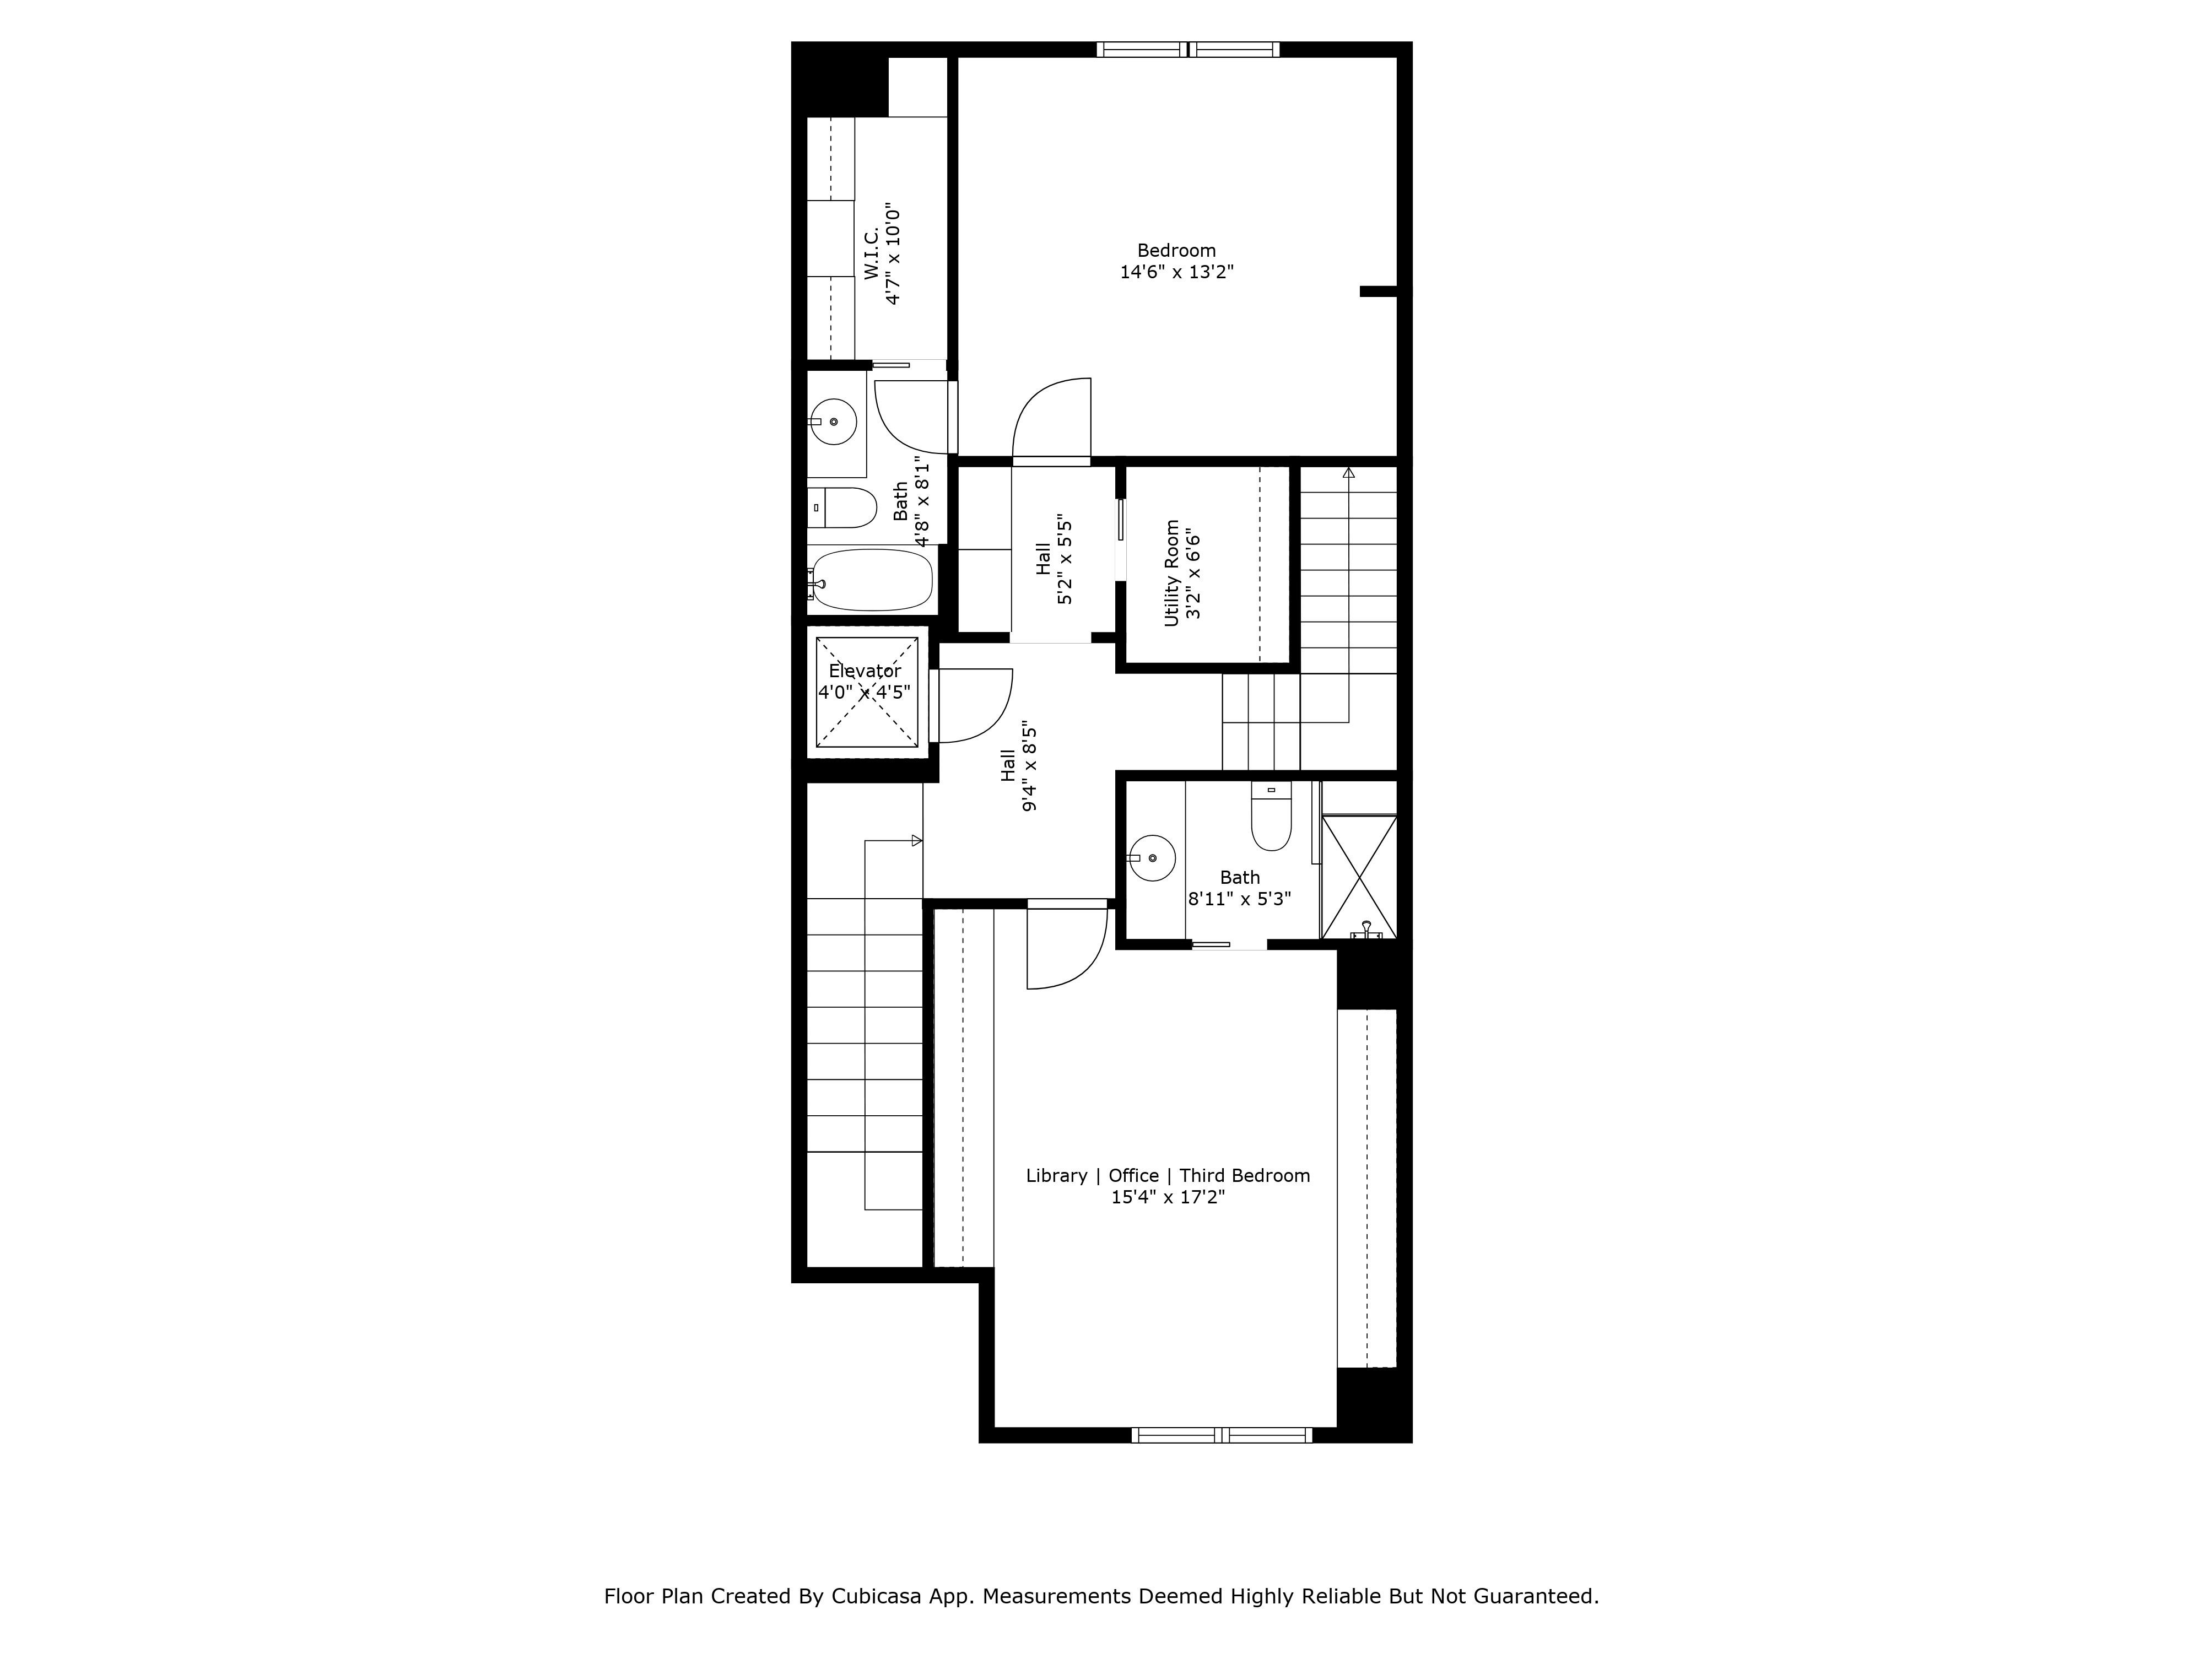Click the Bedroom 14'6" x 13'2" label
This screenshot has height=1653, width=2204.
click(1177, 261)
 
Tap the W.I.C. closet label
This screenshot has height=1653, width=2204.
click(882, 254)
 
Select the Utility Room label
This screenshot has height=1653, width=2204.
click(1182, 573)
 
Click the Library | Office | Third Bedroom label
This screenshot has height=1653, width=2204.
click(1168, 1186)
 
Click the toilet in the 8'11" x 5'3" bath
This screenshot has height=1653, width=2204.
click(1271, 819)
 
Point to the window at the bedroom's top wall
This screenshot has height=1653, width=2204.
click(1188, 50)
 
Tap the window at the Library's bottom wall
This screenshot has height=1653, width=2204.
click(1222, 1435)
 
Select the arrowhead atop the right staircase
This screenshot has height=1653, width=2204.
click(1348, 472)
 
